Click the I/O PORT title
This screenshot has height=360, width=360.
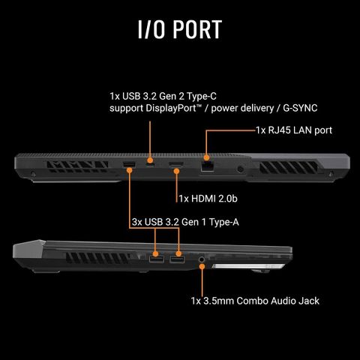pyautogui.click(x=180, y=29)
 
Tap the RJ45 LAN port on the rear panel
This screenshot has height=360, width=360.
pyautogui.click(x=207, y=166)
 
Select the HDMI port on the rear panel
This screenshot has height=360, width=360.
pyautogui.click(x=176, y=164)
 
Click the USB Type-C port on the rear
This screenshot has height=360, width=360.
pyautogui.click(x=150, y=166)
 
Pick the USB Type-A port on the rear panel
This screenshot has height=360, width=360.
pyautogui.click(x=129, y=165)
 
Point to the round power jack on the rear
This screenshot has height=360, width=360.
pyautogui.click(x=240, y=169)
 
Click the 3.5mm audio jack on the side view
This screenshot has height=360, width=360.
pyautogui.click(x=202, y=259)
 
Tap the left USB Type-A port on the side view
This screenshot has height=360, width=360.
pyautogui.click(x=157, y=259)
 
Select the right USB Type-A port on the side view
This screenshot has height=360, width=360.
pyautogui.click(x=177, y=259)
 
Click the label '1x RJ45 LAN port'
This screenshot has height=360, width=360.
pyautogui.click(x=294, y=130)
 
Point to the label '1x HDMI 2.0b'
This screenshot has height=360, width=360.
pyautogui.click(x=208, y=199)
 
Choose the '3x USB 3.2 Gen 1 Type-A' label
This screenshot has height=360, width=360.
pyautogui.click(x=185, y=222)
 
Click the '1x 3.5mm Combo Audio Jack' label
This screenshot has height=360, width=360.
pyautogui.click(x=255, y=301)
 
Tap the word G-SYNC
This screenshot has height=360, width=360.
pyautogui.click(x=300, y=108)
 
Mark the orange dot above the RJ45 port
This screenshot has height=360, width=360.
pyautogui.click(x=206, y=157)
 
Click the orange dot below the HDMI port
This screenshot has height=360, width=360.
pyautogui.click(x=176, y=171)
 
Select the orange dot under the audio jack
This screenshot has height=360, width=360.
pyautogui.click(x=202, y=266)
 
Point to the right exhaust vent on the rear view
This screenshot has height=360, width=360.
pyautogui.click(x=289, y=167)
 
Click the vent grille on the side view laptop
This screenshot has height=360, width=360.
pyautogui.click(x=98, y=258)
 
